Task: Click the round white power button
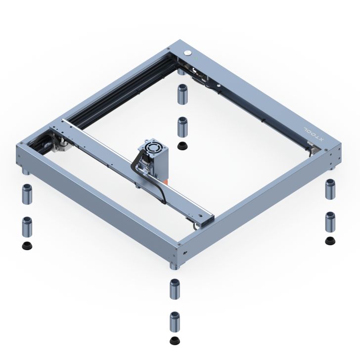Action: (188, 53)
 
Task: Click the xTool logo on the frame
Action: (313, 134)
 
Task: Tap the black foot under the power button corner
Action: (182, 145)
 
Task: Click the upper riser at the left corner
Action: (26, 194)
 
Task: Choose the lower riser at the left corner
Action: (26, 226)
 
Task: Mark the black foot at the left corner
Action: (26, 246)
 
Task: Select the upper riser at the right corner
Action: (329, 189)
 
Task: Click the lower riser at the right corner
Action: (329, 222)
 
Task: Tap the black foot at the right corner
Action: (329, 241)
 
